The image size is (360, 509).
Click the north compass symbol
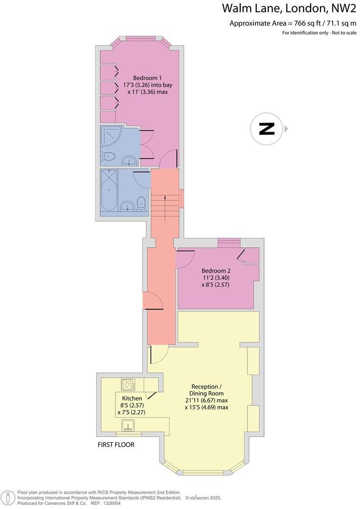pyautogui.click(x=267, y=129)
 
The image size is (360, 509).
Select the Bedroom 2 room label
pyautogui.click(x=216, y=271)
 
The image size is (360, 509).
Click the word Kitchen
pyautogui.click(x=132, y=398)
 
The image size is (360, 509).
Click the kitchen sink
pyautogui.click(x=129, y=425)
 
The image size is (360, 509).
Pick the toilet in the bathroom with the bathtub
pyautogui.click(x=141, y=203)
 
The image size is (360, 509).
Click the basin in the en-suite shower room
pyautogui.click(x=129, y=160)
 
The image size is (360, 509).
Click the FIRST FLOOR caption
pyautogui.click(x=116, y=445)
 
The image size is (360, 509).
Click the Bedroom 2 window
pyautogui.click(x=229, y=241)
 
